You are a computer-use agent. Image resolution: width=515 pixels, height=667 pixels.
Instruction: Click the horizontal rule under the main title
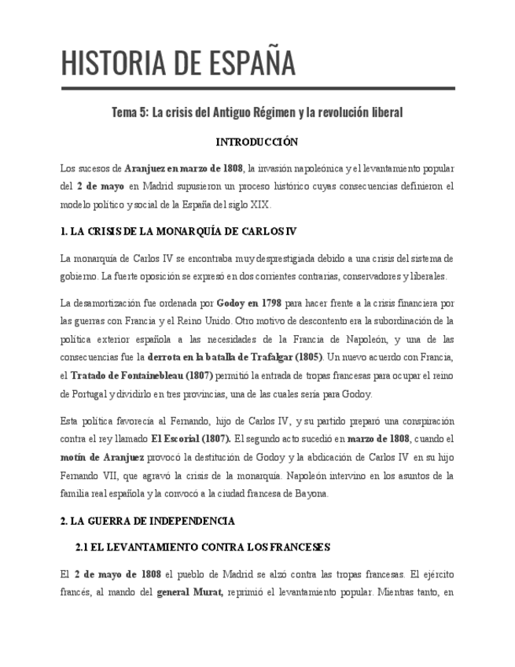[257, 89]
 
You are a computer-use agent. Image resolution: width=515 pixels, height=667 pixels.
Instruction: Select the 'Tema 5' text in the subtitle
[128, 112]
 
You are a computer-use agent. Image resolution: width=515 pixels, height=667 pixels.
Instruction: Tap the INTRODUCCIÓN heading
[257, 142]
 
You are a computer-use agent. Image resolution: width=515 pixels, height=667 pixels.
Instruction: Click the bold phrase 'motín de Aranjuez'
[102, 458]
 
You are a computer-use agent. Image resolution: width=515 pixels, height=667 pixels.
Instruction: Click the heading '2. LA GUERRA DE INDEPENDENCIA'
[148, 521]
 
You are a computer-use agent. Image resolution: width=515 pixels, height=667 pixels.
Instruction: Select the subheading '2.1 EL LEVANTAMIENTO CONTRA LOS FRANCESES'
[203, 547]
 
